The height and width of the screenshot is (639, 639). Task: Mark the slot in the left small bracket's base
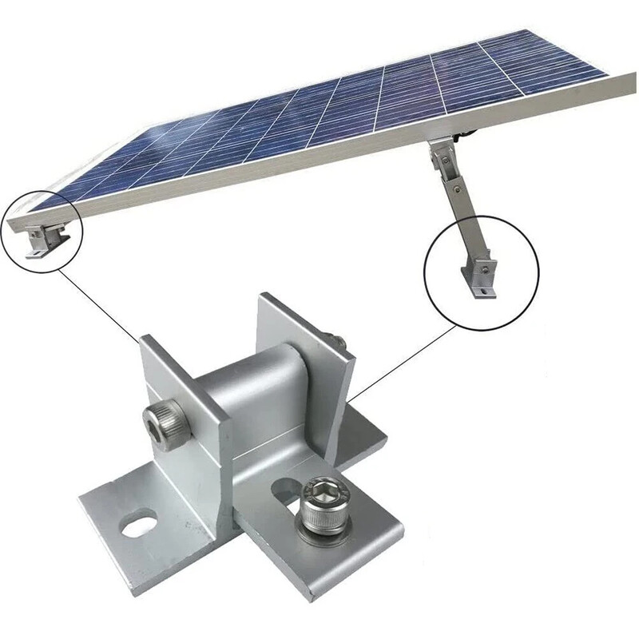coord(36,255)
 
